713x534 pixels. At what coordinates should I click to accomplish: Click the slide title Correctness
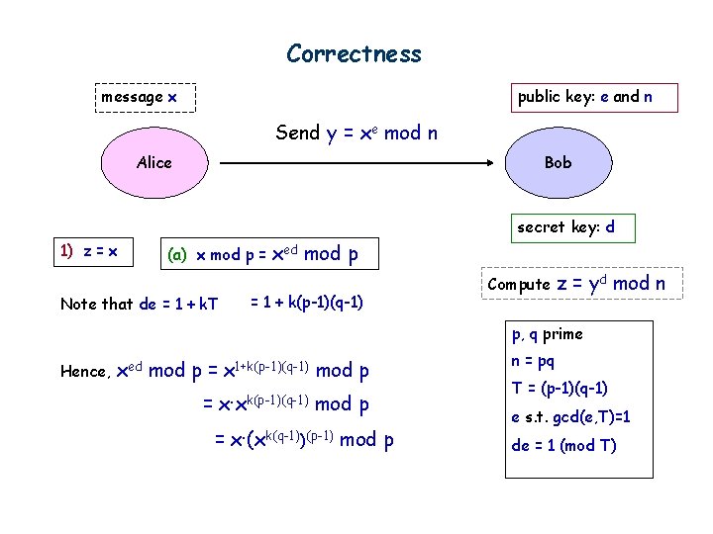point(354,53)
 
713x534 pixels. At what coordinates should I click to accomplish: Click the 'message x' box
point(140,97)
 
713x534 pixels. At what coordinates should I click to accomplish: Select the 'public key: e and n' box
point(584,97)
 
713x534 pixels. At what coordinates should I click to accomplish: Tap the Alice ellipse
point(153,162)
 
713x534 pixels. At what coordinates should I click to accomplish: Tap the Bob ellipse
point(558,162)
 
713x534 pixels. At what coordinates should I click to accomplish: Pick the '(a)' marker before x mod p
point(177,255)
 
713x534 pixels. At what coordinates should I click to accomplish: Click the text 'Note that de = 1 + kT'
point(140,304)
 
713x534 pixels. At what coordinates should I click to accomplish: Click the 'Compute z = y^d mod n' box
point(576,284)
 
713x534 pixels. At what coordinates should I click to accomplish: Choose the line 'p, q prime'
point(547,334)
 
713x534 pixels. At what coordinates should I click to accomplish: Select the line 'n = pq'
point(533,361)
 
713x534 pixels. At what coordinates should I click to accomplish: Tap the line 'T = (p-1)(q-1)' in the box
point(560,388)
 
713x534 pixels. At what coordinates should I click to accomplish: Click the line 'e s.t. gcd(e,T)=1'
point(570,417)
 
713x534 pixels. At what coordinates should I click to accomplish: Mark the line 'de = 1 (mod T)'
point(563,445)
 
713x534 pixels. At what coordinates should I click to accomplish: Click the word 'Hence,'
point(85,373)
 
